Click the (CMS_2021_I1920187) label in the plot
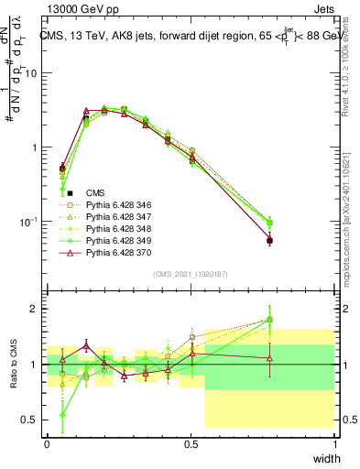tap(191, 275)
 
